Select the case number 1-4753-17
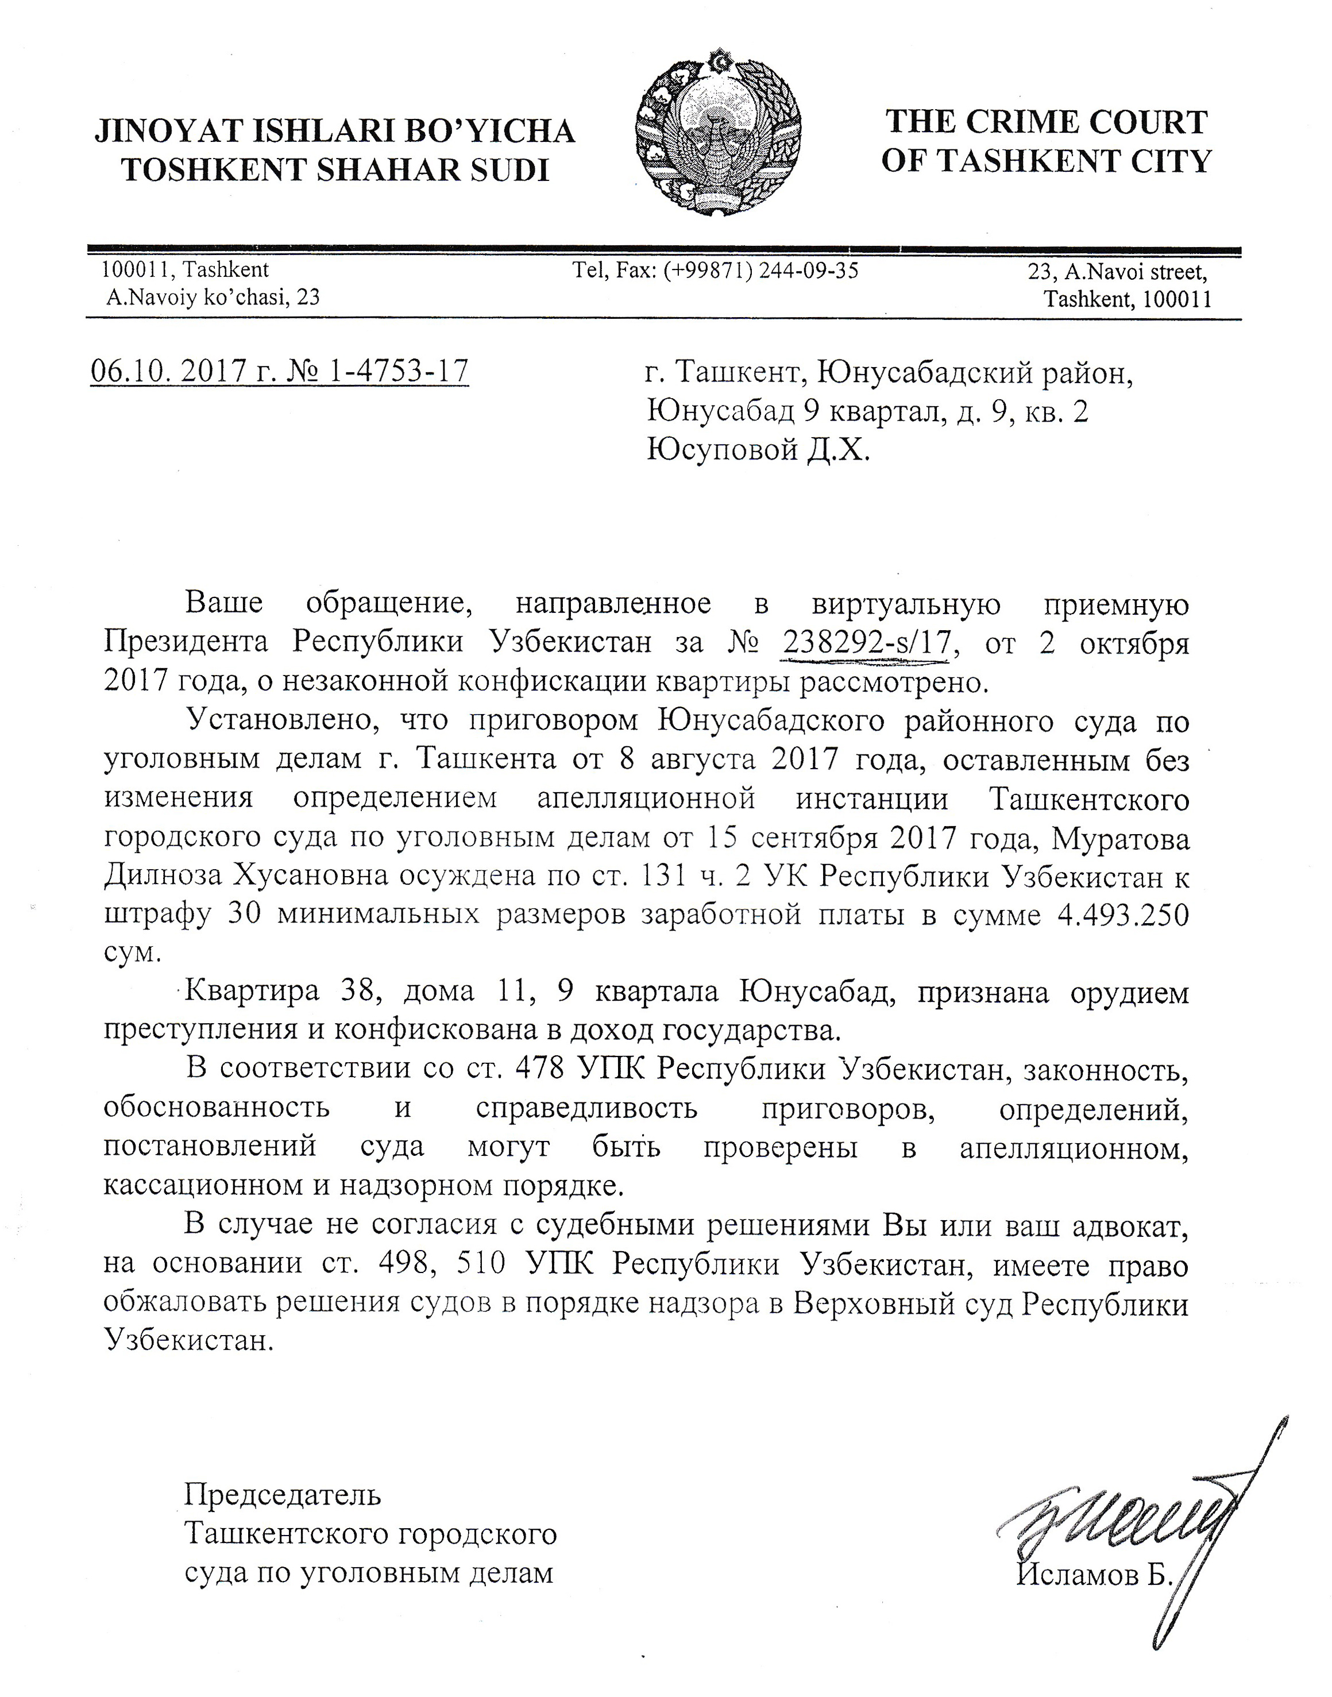point(399,371)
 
